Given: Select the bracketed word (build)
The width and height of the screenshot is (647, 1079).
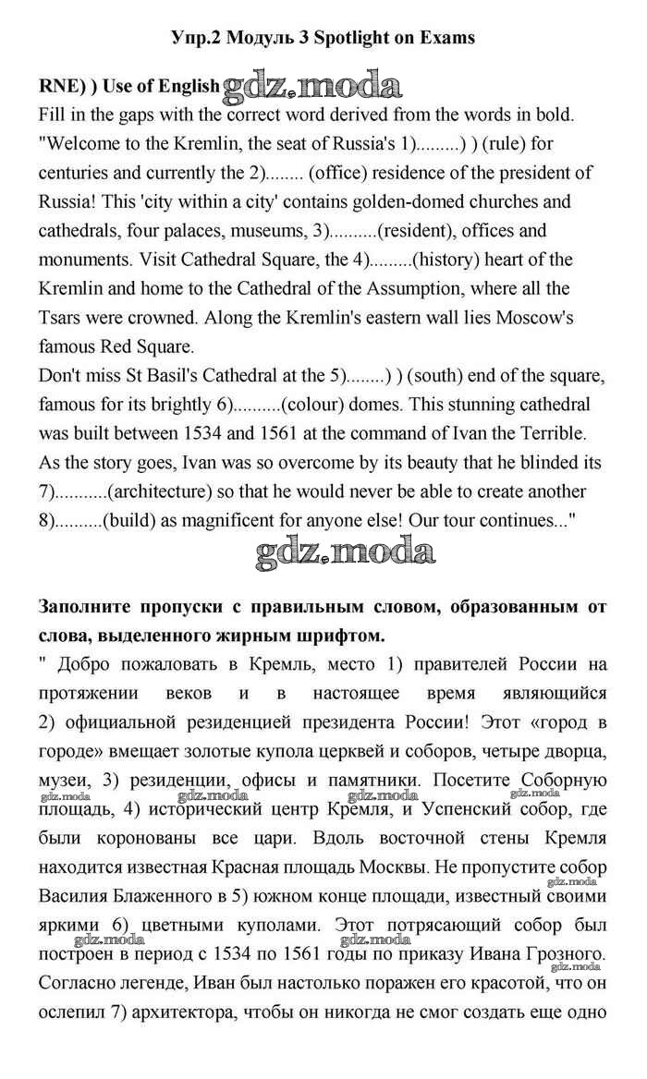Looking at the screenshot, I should (x=132, y=521).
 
